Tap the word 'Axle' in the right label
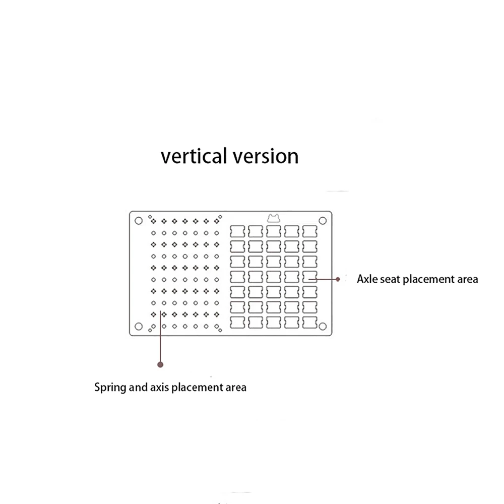tap(366, 279)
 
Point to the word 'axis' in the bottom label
tap(160, 388)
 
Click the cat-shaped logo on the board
tap(274, 218)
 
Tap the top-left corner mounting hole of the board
tap(138, 220)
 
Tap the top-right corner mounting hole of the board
tap(323, 220)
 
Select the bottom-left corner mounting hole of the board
tap(138, 326)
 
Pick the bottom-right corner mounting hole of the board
tap(323, 326)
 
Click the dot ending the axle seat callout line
tap(338, 278)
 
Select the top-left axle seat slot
tap(238, 231)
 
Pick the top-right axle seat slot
tap(310, 231)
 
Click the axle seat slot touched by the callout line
tap(310, 276)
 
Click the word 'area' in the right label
tap(467, 279)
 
